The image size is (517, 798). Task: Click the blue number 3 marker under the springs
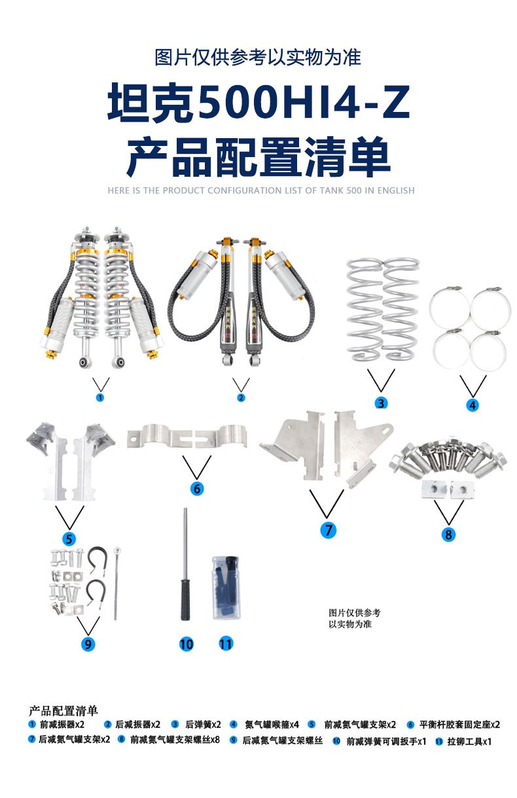(x=381, y=403)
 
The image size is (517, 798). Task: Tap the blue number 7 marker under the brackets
(x=328, y=530)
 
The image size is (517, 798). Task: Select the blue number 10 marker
(x=187, y=644)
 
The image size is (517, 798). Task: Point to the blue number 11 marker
(x=225, y=644)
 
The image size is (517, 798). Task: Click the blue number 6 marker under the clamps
(x=197, y=488)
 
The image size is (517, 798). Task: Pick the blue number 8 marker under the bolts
(x=448, y=534)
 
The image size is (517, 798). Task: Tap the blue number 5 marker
(x=69, y=539)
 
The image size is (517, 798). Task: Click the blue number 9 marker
(x=88, y=644)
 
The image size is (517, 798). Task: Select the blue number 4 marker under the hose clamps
(x=472, y=405)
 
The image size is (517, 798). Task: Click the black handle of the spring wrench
(x=185, y=600)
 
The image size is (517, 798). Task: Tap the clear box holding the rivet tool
(x=226, y=588)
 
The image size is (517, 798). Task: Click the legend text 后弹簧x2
(x=203, y=724)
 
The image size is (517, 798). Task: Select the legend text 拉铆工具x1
(x=469, y=742)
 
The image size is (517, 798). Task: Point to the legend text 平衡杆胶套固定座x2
(x=459, y=724)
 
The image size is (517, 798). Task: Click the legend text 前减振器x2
(x=62, y=724)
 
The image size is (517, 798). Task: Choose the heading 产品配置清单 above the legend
(x=63, y=711)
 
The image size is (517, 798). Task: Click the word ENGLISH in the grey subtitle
(x=396, y=190)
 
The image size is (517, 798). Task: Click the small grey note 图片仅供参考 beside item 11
(x=354, y=613)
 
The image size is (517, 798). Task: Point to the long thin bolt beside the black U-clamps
(x=116, y=583)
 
